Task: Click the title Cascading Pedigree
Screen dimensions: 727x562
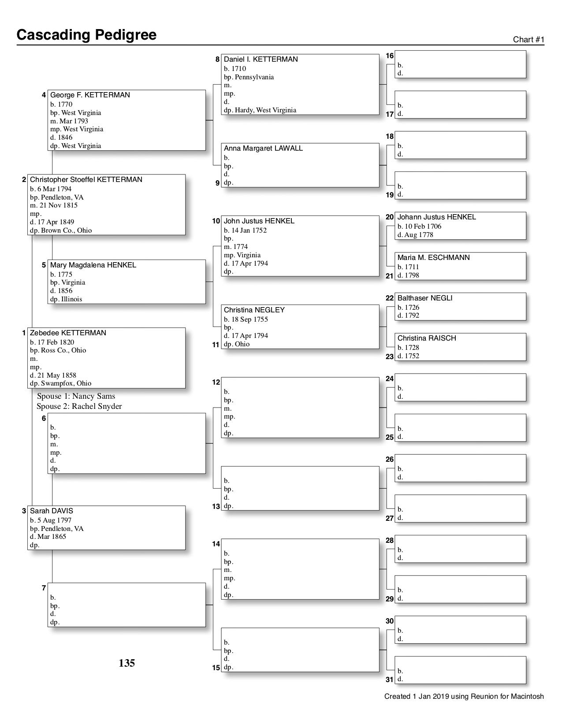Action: pyautogui.click(x=86, y=35)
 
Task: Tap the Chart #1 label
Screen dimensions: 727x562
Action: pyautogui.click(x=529, y=40)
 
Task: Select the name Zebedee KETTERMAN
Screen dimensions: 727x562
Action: pyautogui.click(x=68, y=333)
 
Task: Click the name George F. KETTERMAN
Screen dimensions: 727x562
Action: pyautogui.click(x=90, y=95)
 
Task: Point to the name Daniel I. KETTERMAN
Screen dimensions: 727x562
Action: pyautogui.click(x=261, y=59)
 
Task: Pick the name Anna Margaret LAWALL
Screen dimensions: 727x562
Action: pyautogui.click(x=263, y=148)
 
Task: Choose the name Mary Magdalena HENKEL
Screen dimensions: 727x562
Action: pyautogui.click(x=93, y=265)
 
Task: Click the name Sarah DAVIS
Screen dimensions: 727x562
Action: pyautogui.click(x=52, y=511)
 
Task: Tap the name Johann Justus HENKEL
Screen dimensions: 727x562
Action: pyautogui.click(x=436, y=217)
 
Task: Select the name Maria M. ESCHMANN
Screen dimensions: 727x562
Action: pyautogui.click(x=433, y=258)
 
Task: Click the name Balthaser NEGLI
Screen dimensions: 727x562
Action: pyautogui.click(x=424, y=298)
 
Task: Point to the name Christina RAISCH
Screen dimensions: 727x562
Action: pyautogui.click(x=427, y=338)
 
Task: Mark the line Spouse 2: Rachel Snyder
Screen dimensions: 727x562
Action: pyautogui.click(x=79, y=406)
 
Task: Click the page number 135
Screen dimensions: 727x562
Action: pyautogui.click(x=127, y=663)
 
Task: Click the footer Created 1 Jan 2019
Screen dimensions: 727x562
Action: pyautogui.click(x=464, y=697)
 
